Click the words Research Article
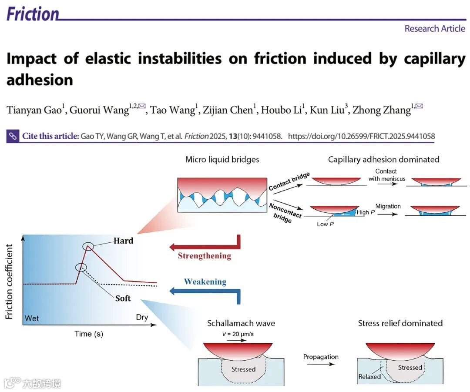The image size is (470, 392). click(x=435, y=29)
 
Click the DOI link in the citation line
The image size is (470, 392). click(x=361, y=136)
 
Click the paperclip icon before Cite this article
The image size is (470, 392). click(x=13, y=136)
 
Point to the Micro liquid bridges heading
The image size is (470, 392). click(x=222, y=160)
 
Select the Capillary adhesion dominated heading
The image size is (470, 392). click(x=383, y=160)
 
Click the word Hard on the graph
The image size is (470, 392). click(x=124, y=241)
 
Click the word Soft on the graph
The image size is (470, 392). click(x=123, y=298)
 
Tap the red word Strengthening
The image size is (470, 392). click(x=205, y=256)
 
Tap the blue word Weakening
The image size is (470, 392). click(x=205, y=282)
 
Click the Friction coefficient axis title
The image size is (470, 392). click(x=10, y=281)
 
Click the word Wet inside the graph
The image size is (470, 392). click(x=32, y=318)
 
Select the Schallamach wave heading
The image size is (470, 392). click(x=241, y=323)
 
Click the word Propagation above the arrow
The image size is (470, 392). click(x=321, y=357)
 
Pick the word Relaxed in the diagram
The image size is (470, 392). click(x=369, y=377)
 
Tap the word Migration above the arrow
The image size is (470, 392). click(x=388, y=206)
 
